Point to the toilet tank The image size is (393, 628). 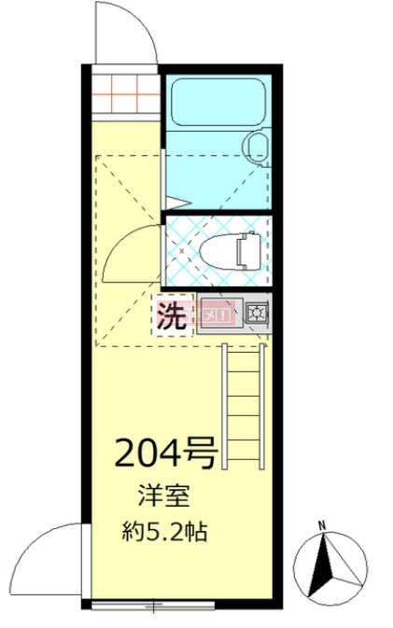[248, 250]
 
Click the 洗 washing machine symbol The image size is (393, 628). [170, 314]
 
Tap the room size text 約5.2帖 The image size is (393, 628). [165, 534]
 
